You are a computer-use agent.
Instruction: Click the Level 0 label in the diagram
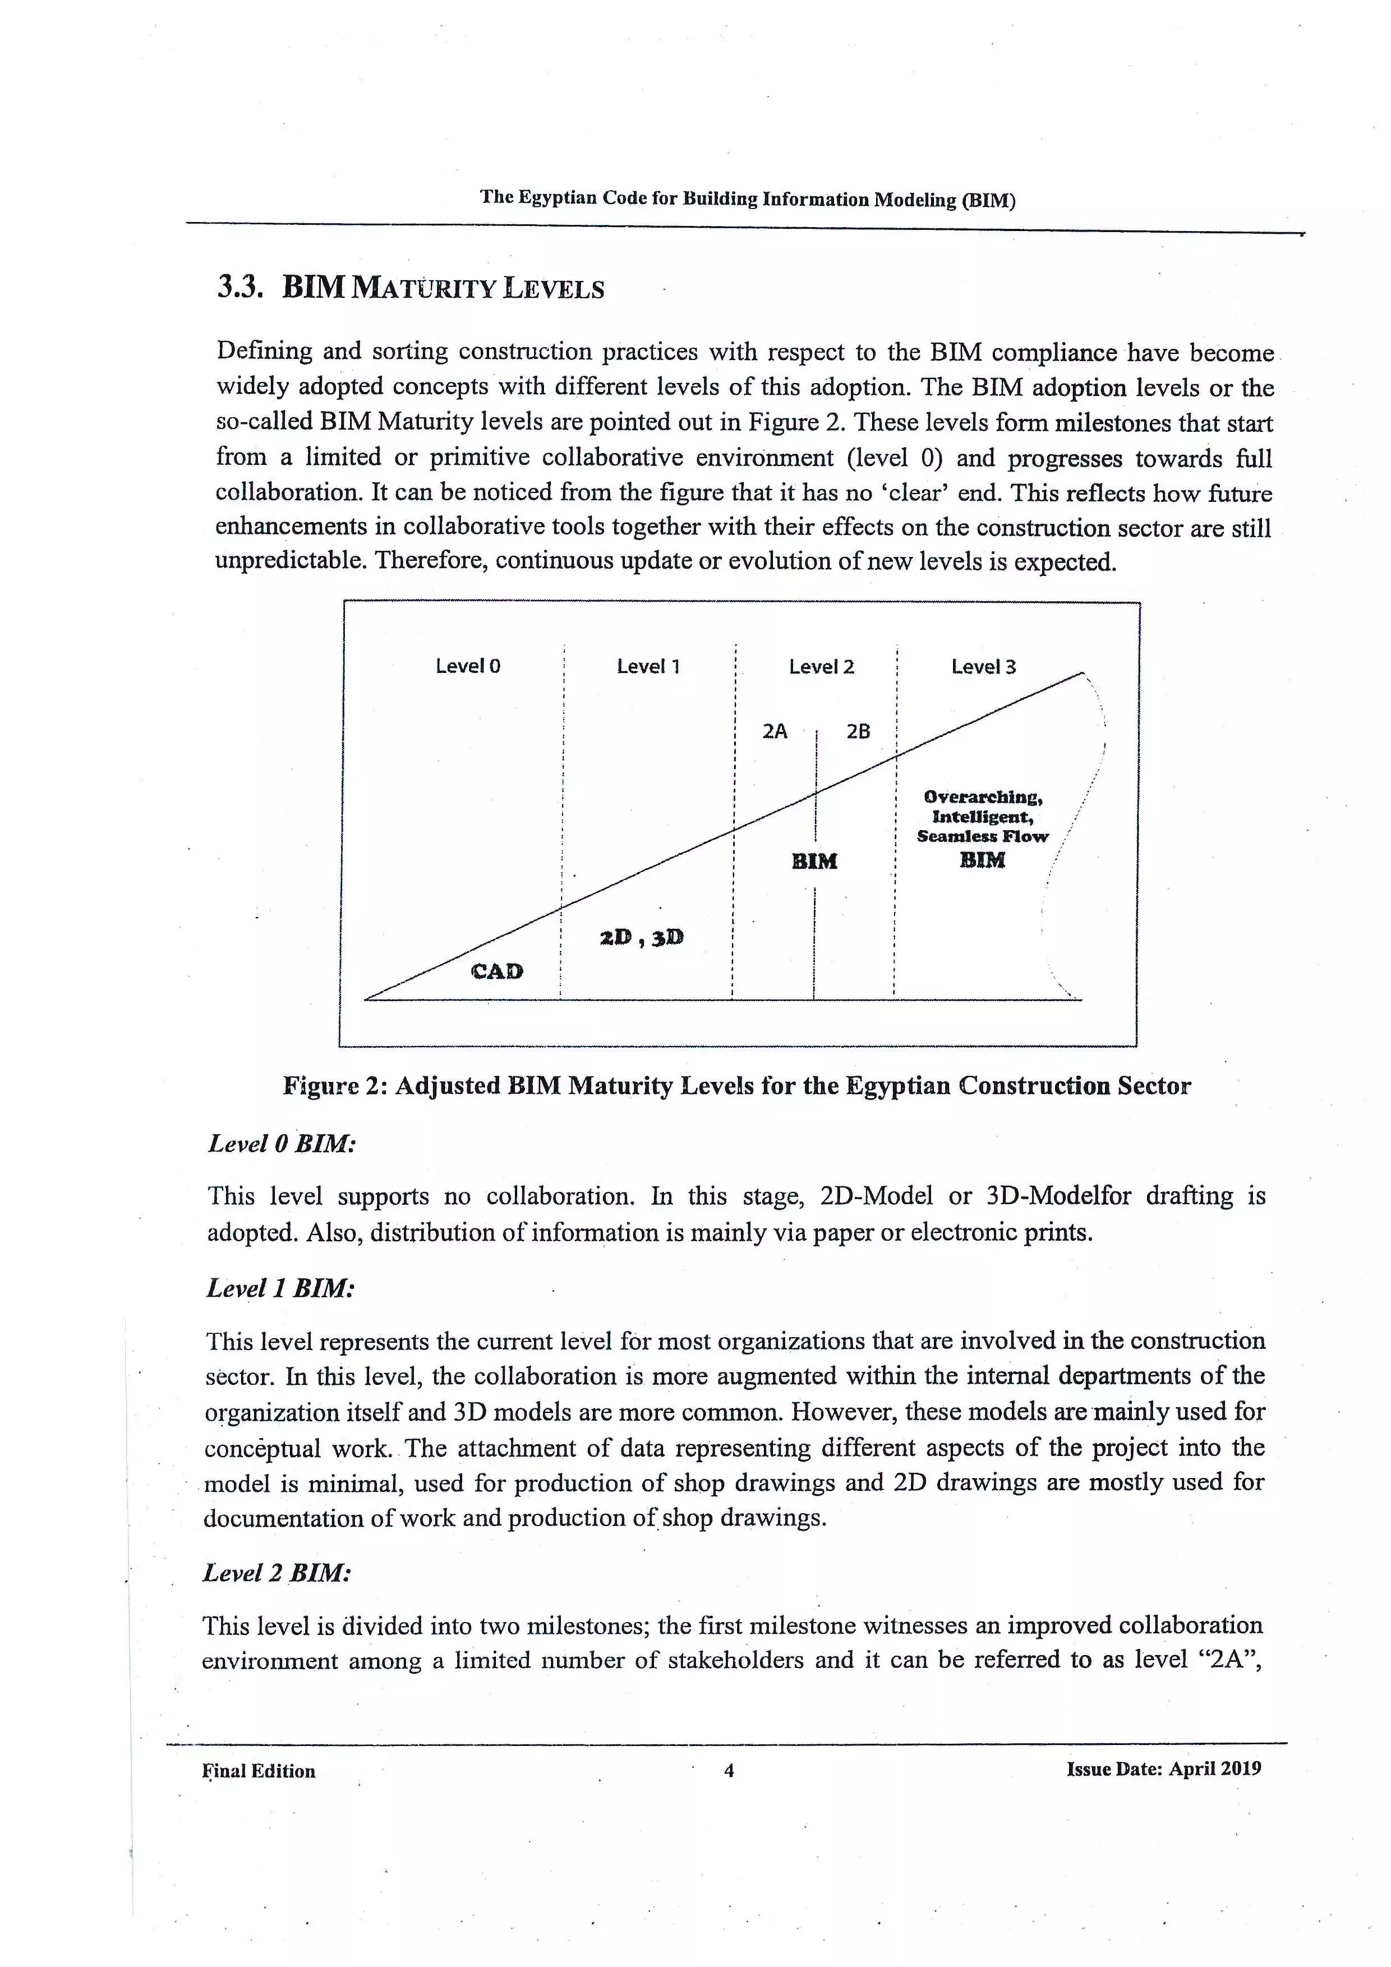click(x=468, y=666)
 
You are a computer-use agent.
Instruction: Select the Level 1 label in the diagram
click(x=649, y=666)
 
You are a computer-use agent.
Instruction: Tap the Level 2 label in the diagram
click(x=821, y=666)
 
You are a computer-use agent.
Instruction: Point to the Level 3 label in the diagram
click(x=983, y=666)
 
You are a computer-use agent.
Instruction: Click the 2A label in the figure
click(x=774, y=731)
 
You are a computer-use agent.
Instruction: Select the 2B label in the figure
click(x=859, y=731)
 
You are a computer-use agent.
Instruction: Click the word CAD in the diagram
click(x=496, y=971)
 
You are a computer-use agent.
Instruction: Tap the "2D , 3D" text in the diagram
click(x=642, y=937)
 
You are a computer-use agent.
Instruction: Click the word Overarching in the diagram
click(x=982, y=797)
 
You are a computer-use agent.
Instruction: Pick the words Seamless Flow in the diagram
click(x=981, y=836)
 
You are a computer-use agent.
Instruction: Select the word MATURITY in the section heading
click(x=424, y=289)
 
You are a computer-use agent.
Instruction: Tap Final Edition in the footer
click(x=259, y=1771)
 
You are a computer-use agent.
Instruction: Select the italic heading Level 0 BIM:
click(x=282, y=1144)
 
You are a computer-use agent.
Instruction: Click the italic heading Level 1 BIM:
click(x=280, y=1288)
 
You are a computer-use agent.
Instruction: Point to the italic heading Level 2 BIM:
click(x=276, y=1573)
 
